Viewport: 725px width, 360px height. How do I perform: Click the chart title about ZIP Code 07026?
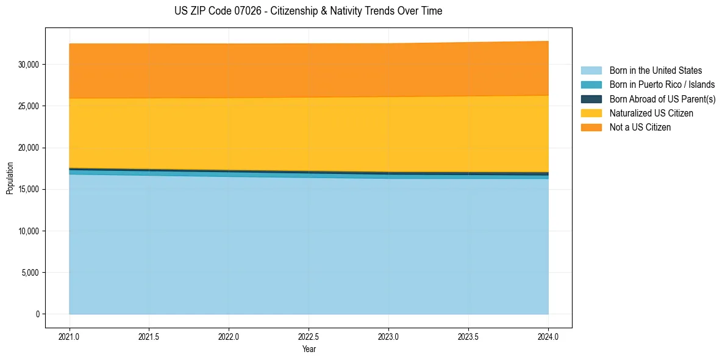pos(308,11)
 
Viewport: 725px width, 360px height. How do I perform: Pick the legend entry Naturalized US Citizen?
pos(651,113)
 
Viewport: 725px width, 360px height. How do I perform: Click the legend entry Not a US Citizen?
pos(640,128)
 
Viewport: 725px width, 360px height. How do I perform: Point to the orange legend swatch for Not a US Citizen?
pos(591,128)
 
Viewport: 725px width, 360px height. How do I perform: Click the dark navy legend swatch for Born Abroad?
pos(591,99)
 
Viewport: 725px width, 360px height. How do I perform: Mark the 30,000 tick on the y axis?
pos(29,65)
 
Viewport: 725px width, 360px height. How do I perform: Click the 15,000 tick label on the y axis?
pos(29,190)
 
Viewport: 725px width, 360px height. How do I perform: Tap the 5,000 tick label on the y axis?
pos(30,273)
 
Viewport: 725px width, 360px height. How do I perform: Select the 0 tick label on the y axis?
pos(38,314)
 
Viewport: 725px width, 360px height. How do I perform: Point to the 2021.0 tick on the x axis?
pos(70,336)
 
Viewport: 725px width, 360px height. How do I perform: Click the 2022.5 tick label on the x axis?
pos(309,336)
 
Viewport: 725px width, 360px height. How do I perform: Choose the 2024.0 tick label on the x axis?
pos(548,336)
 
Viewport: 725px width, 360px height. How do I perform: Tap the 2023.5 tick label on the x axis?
pos(468,336)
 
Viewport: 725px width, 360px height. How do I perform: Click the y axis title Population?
pos(10,178)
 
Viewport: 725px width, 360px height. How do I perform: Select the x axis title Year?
pos(309,349)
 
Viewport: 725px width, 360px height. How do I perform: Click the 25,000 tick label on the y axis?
pos(29,106)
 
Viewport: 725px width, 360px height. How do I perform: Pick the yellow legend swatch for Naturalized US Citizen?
pos(591,113)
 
